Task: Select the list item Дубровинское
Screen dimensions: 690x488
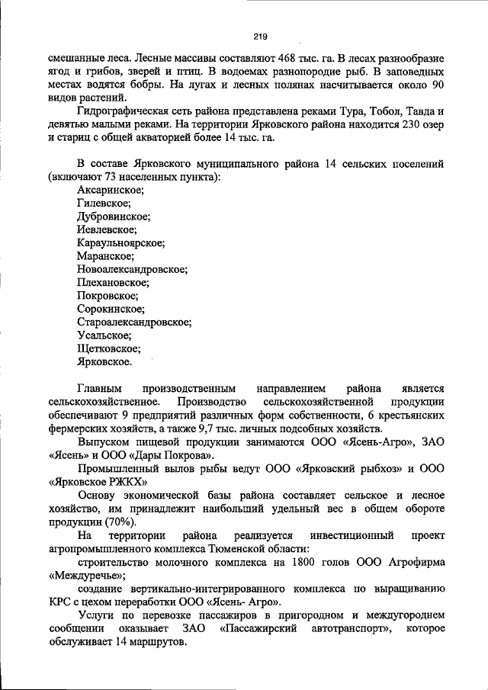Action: pos(114,217)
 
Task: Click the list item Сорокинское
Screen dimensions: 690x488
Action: pos(111,309)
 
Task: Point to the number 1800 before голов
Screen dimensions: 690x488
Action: pos(313,562)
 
